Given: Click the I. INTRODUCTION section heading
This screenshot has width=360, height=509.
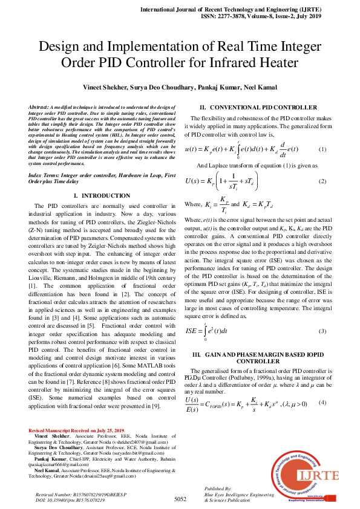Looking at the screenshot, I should pyautogui.click(x=98, y=196).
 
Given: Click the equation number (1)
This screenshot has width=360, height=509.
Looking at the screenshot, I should pyautogui.click(x=322, y=149).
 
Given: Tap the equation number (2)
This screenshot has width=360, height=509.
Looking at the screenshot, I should pyautogui.click(x=322, y=181).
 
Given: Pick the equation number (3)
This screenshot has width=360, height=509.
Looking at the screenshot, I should pyautogui.click(x=322, y=331).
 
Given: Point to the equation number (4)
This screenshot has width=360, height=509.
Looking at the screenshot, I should pyautogui.click(x=322, y=403).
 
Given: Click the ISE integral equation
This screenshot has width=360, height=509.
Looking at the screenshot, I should pyautogui.click(x=211, y=331).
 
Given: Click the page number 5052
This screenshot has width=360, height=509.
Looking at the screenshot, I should pyautogui.click(x=180, y=499).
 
